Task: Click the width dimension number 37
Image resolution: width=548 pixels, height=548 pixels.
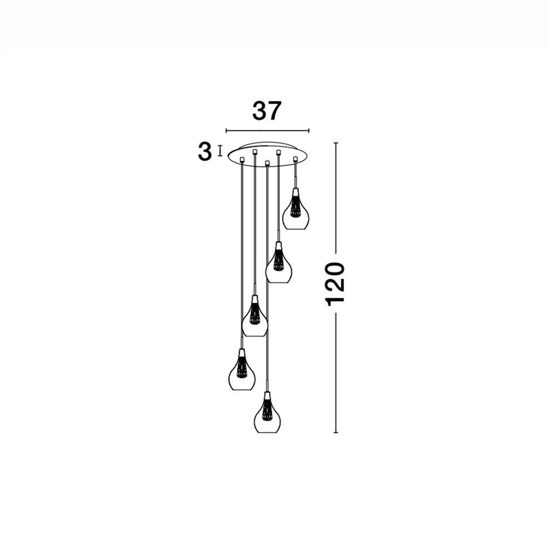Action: [267, 111]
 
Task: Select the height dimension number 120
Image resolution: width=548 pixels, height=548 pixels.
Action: [335, 284]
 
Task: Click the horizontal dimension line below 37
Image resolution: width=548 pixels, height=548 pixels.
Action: [267, 131]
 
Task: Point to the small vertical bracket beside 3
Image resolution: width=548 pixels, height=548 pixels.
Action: [220, 151]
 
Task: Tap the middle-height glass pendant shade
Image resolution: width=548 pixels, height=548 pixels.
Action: [255, 316]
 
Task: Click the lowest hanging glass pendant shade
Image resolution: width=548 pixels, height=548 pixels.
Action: [268, 413]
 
